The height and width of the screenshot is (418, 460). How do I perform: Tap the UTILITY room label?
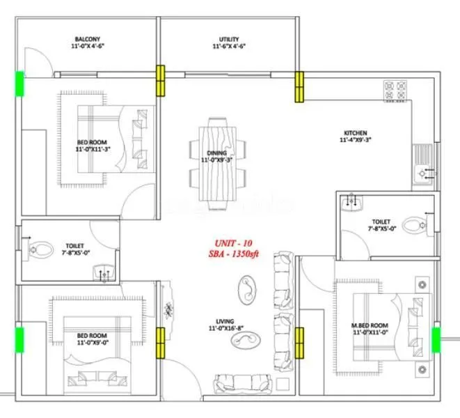pos(230,39)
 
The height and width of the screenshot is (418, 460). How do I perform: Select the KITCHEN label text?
pos(355,133)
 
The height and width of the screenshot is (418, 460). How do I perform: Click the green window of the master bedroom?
pos(436,339)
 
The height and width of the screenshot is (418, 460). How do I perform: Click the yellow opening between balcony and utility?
pos(160,79)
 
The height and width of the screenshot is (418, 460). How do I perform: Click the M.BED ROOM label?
pos(369,325)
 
